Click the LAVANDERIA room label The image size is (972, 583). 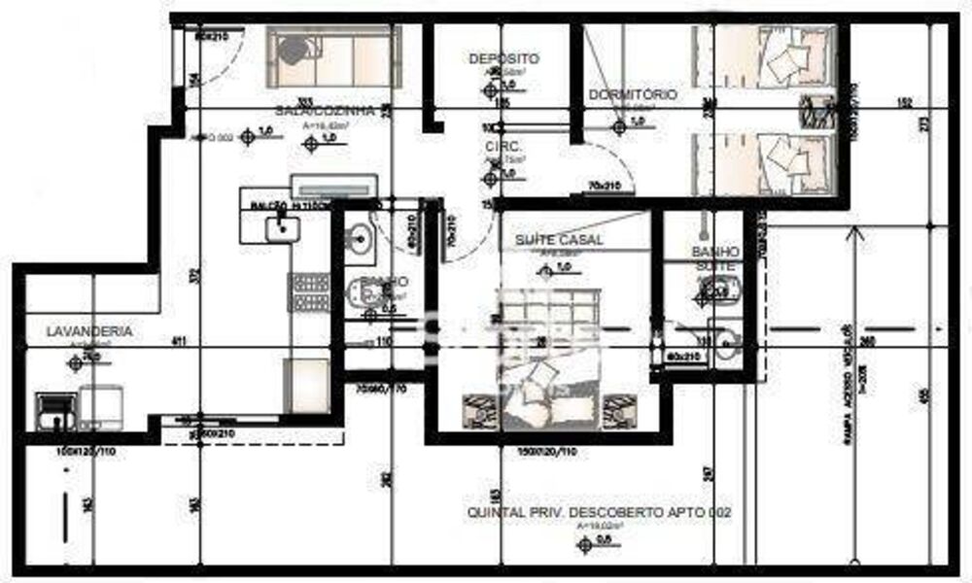point(89,331)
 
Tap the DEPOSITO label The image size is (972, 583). point(503,58)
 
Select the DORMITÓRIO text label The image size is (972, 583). point(633,95)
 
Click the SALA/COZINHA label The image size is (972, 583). point(326,111)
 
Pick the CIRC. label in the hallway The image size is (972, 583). point(505,146)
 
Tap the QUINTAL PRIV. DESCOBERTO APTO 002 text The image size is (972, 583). point(599,512)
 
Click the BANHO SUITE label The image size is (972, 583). point(716,257)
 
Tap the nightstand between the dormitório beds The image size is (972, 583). point(817,114)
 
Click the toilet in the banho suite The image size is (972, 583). point(720,289)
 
